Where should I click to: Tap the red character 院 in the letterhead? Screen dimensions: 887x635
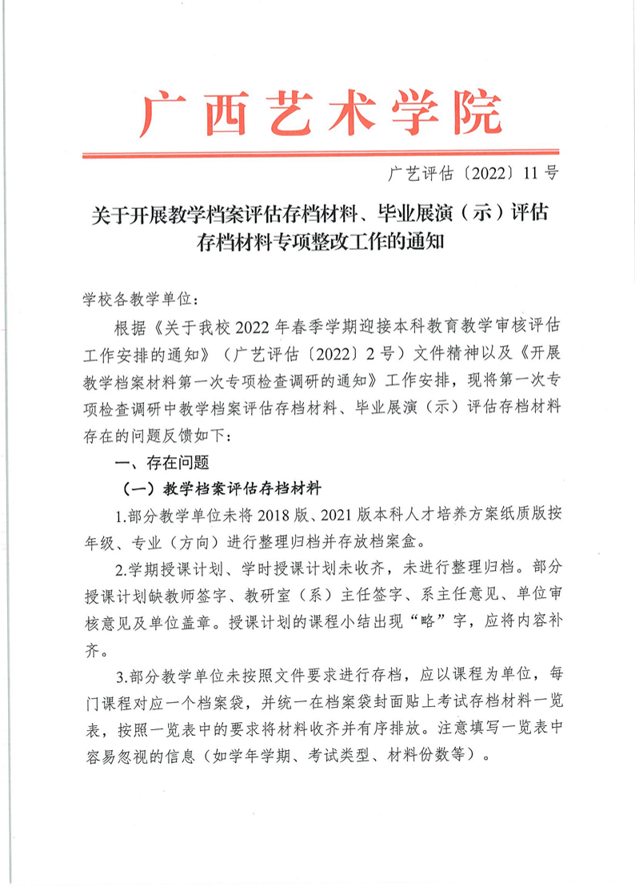[473, 114]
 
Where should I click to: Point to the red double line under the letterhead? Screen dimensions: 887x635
[320, 152]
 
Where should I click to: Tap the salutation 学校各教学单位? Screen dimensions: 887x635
[136, 299]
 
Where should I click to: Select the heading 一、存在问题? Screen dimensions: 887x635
[162, 462]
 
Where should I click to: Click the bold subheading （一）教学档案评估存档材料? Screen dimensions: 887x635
[220, 488]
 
